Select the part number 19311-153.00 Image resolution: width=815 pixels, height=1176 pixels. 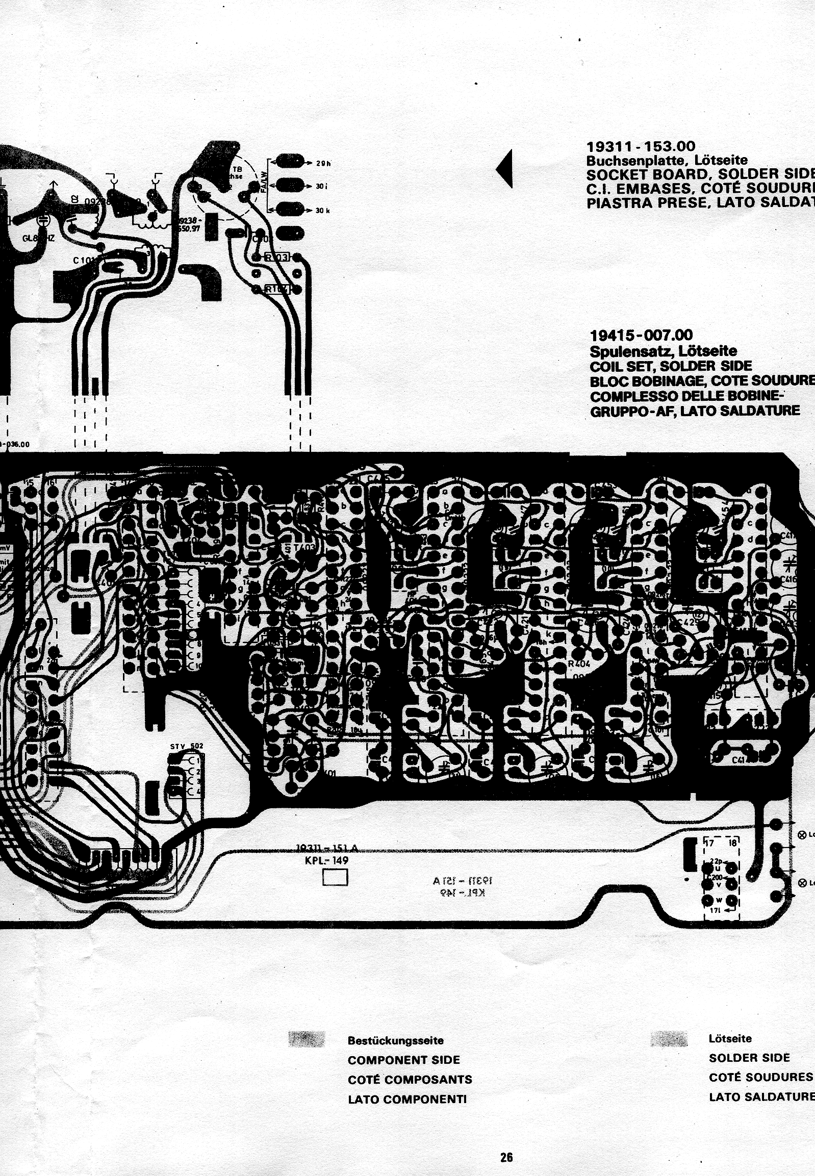(x=641, y=146)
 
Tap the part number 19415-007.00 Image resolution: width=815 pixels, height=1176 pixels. (x=641, y=335)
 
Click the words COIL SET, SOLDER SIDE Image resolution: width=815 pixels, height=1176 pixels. (x=671, y=366)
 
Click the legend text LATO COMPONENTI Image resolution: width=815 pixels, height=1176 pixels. (x=407, y=1099)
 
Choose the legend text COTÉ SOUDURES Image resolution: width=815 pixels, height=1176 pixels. (x=760, y=1077)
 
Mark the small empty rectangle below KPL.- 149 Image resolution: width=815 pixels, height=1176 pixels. (x=335, y=878)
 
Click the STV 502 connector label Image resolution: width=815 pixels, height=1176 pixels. (x=186, y=746)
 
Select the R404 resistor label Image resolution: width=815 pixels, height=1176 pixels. (x=578, y=664)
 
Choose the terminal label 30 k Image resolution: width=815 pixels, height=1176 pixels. (x=322, y=211)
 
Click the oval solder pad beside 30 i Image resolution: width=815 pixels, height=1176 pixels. (x=290, y=185)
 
